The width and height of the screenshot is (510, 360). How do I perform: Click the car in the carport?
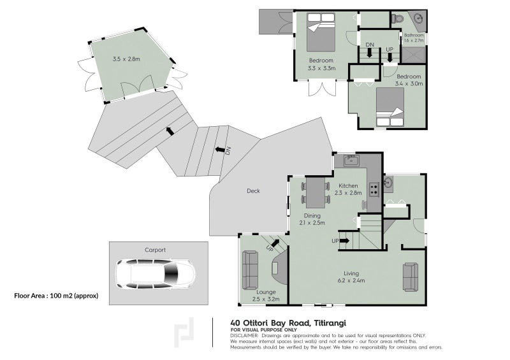coord(156,273)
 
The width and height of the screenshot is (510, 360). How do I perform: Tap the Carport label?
coord(155,250)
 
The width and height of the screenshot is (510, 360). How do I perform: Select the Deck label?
coord(253,191)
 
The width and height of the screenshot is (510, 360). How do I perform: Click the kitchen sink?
coord(351,160)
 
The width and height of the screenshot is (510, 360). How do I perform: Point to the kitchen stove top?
coord(374,190)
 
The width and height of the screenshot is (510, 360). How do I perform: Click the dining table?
coord(316,192)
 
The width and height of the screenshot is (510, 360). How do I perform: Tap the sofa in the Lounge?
coord(250,270)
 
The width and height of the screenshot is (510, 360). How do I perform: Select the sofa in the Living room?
coord(411,277)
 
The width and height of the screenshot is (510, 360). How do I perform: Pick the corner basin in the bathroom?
coord(420,18)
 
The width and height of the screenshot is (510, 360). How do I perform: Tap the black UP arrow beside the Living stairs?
coord(344,241)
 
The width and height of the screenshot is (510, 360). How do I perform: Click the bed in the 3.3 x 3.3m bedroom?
coord(321,32)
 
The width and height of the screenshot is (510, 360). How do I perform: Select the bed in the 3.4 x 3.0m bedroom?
coord(390,106)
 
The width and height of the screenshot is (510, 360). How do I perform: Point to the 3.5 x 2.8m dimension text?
coord(126,59)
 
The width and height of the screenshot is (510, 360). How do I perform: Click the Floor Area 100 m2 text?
coord(56,296)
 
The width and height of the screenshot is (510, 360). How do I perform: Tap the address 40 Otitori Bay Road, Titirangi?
coord(288,322)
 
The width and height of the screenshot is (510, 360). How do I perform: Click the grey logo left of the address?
coord(184,333)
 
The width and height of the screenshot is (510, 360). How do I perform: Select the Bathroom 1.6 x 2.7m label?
coord(414,38)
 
